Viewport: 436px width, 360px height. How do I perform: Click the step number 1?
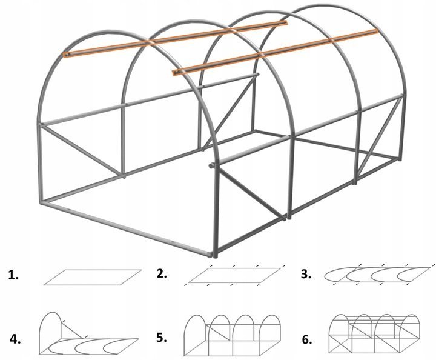[13, 275]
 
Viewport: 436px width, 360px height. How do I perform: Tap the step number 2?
[162, 274]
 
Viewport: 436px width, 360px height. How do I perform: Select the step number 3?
[306, 275]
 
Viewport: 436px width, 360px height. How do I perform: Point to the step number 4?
[15, 339]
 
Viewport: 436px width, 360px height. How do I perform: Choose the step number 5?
[162, 337]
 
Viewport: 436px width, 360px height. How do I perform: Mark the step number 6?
[306, 339]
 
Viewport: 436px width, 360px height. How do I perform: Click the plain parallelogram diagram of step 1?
[93, 277]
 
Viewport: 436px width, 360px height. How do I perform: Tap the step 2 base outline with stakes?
[234, 275]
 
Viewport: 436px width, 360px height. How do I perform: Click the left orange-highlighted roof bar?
[175, 38]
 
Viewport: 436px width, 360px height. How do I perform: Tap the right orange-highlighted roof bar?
[276, 52]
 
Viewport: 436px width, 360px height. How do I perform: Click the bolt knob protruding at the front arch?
[212, 166]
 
